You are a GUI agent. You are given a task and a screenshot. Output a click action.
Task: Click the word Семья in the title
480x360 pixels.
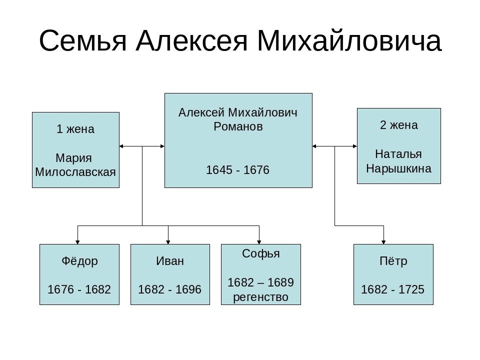point(82,40)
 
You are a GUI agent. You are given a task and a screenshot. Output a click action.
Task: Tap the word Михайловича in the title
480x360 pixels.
point(349,40)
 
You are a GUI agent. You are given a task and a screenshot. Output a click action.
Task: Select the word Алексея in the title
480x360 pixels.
point(191,40)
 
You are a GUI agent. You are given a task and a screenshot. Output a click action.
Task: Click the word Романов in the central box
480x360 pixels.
point(238,126)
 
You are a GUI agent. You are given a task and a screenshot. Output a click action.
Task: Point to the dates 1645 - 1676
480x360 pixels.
point(237,170)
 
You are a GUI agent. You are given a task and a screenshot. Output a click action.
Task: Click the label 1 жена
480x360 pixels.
point(75,129)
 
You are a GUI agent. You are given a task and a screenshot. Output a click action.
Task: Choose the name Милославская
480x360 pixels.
point(75,172)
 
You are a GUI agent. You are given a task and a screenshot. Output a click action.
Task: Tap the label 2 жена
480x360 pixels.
point(399,125)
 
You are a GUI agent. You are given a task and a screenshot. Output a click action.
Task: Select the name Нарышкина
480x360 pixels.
point(398,168)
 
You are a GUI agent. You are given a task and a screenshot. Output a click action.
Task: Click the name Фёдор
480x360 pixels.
point(79,261)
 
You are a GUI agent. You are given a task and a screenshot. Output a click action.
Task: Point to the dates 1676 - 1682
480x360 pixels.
point(79,289)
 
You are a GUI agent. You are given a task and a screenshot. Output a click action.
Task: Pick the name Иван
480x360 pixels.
point(170,261)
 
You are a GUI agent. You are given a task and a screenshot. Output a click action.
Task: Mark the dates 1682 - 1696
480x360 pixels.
point(169,289)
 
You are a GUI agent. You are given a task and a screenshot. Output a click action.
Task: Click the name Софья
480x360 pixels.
point(261,253)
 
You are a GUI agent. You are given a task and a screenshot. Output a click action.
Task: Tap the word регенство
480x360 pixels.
point(260,297)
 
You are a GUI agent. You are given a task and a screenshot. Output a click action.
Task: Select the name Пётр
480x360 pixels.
point(393,261)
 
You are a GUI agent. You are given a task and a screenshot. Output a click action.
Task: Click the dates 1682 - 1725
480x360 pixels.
point(393,289)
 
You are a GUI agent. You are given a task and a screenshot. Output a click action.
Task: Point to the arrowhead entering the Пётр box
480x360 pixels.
point(383,242)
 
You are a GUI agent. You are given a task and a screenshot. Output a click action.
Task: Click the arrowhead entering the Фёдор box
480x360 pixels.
point(77,242)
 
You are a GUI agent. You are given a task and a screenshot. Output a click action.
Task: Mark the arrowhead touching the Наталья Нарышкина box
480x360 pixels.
point(355,146)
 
